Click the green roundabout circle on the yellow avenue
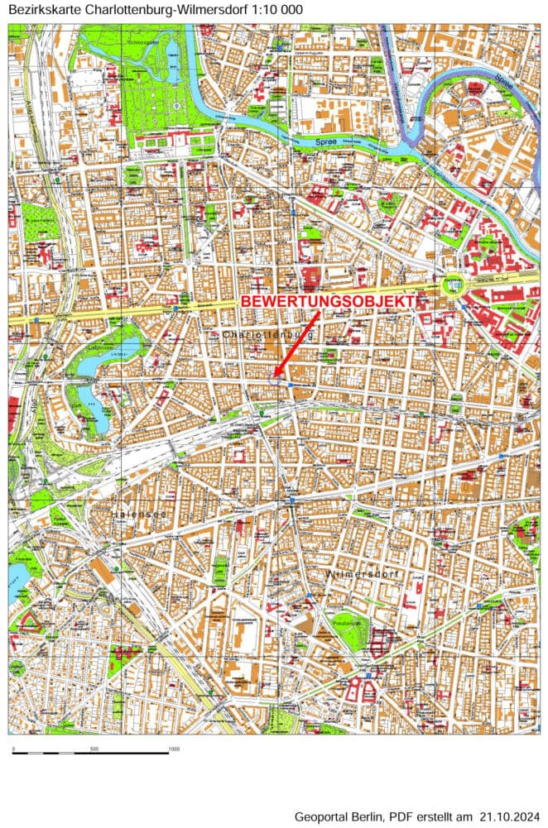[x=453, y=286]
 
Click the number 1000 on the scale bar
[x=174, y=749]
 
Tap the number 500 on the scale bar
[x=94, y=749]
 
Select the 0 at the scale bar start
[x=13, y=749]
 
